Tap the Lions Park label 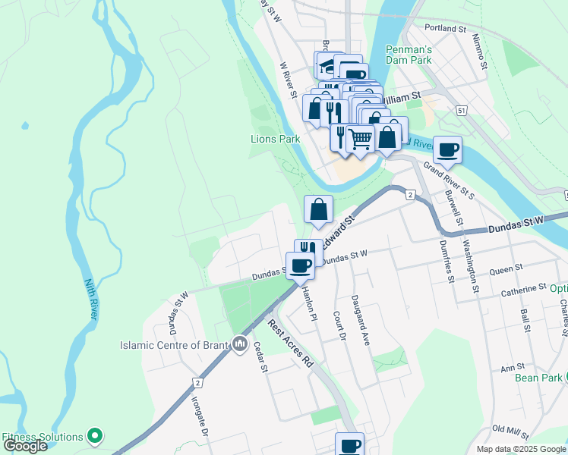point(276,139)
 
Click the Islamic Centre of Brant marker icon point(241,345)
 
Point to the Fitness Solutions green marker point(95,436)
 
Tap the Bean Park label point(542,378)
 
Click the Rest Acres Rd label point(291,344)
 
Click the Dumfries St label point(448,259)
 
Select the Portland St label point(446,28)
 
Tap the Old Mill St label point(510,431)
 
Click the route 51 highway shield point(462,110)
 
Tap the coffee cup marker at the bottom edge point(349,444)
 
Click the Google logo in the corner point(24,446)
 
